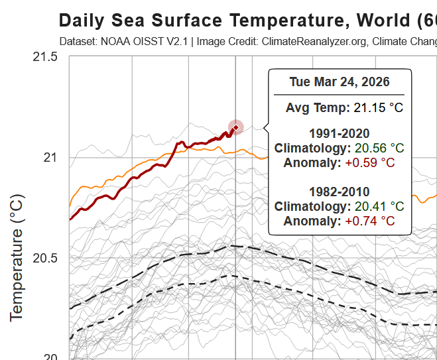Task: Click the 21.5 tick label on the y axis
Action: (45, 57)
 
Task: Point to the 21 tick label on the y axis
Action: (51, 157)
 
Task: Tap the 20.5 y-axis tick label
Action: (45, 258)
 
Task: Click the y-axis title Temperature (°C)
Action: (17, 257)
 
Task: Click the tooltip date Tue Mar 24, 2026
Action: (340, 82)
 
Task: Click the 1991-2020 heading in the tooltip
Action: (340, 133)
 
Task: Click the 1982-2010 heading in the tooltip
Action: (340, 192)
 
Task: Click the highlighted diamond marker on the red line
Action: (235, 127)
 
